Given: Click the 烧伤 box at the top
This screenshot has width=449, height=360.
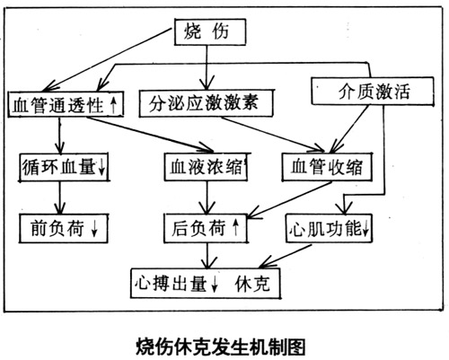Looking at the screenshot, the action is coord(210,32).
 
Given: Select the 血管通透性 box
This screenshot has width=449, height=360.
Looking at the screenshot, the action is coord(66,104).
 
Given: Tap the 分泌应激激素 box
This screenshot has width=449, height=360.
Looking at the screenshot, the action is coord(206,102).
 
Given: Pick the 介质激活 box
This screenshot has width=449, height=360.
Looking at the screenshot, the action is coord(373,91).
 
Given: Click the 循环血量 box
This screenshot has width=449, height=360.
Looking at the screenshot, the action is coord(64,167).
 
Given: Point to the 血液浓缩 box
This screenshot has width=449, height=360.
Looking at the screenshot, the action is coord(206,167).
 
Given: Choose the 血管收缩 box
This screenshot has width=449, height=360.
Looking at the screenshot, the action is coord(327,167).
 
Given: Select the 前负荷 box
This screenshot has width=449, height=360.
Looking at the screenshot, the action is coord(64,228).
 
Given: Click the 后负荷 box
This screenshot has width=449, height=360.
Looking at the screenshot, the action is coord(206,228).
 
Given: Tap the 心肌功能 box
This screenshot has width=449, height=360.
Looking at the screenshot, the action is coord(329,228).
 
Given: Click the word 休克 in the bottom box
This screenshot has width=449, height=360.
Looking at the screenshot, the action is coord(252,284).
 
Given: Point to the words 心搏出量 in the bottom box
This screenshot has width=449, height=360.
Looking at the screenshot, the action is coord(171,283).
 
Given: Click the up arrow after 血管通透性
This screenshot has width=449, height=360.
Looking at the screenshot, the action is coord(113,105).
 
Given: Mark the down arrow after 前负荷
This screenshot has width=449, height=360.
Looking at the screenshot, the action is coord(94,229).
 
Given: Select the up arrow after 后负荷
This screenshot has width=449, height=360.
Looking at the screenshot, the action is coord(236,227).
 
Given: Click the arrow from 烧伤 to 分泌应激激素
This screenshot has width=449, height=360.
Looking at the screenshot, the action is coord(207,67).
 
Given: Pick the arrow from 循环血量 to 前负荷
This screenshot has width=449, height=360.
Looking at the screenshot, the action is coord(60,198).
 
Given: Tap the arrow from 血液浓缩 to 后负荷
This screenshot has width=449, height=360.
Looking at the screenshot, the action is coord(207,198).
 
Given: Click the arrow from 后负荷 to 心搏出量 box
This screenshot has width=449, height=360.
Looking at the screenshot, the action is coord(207,256).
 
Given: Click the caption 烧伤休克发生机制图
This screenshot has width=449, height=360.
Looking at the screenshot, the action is coord(221,347).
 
